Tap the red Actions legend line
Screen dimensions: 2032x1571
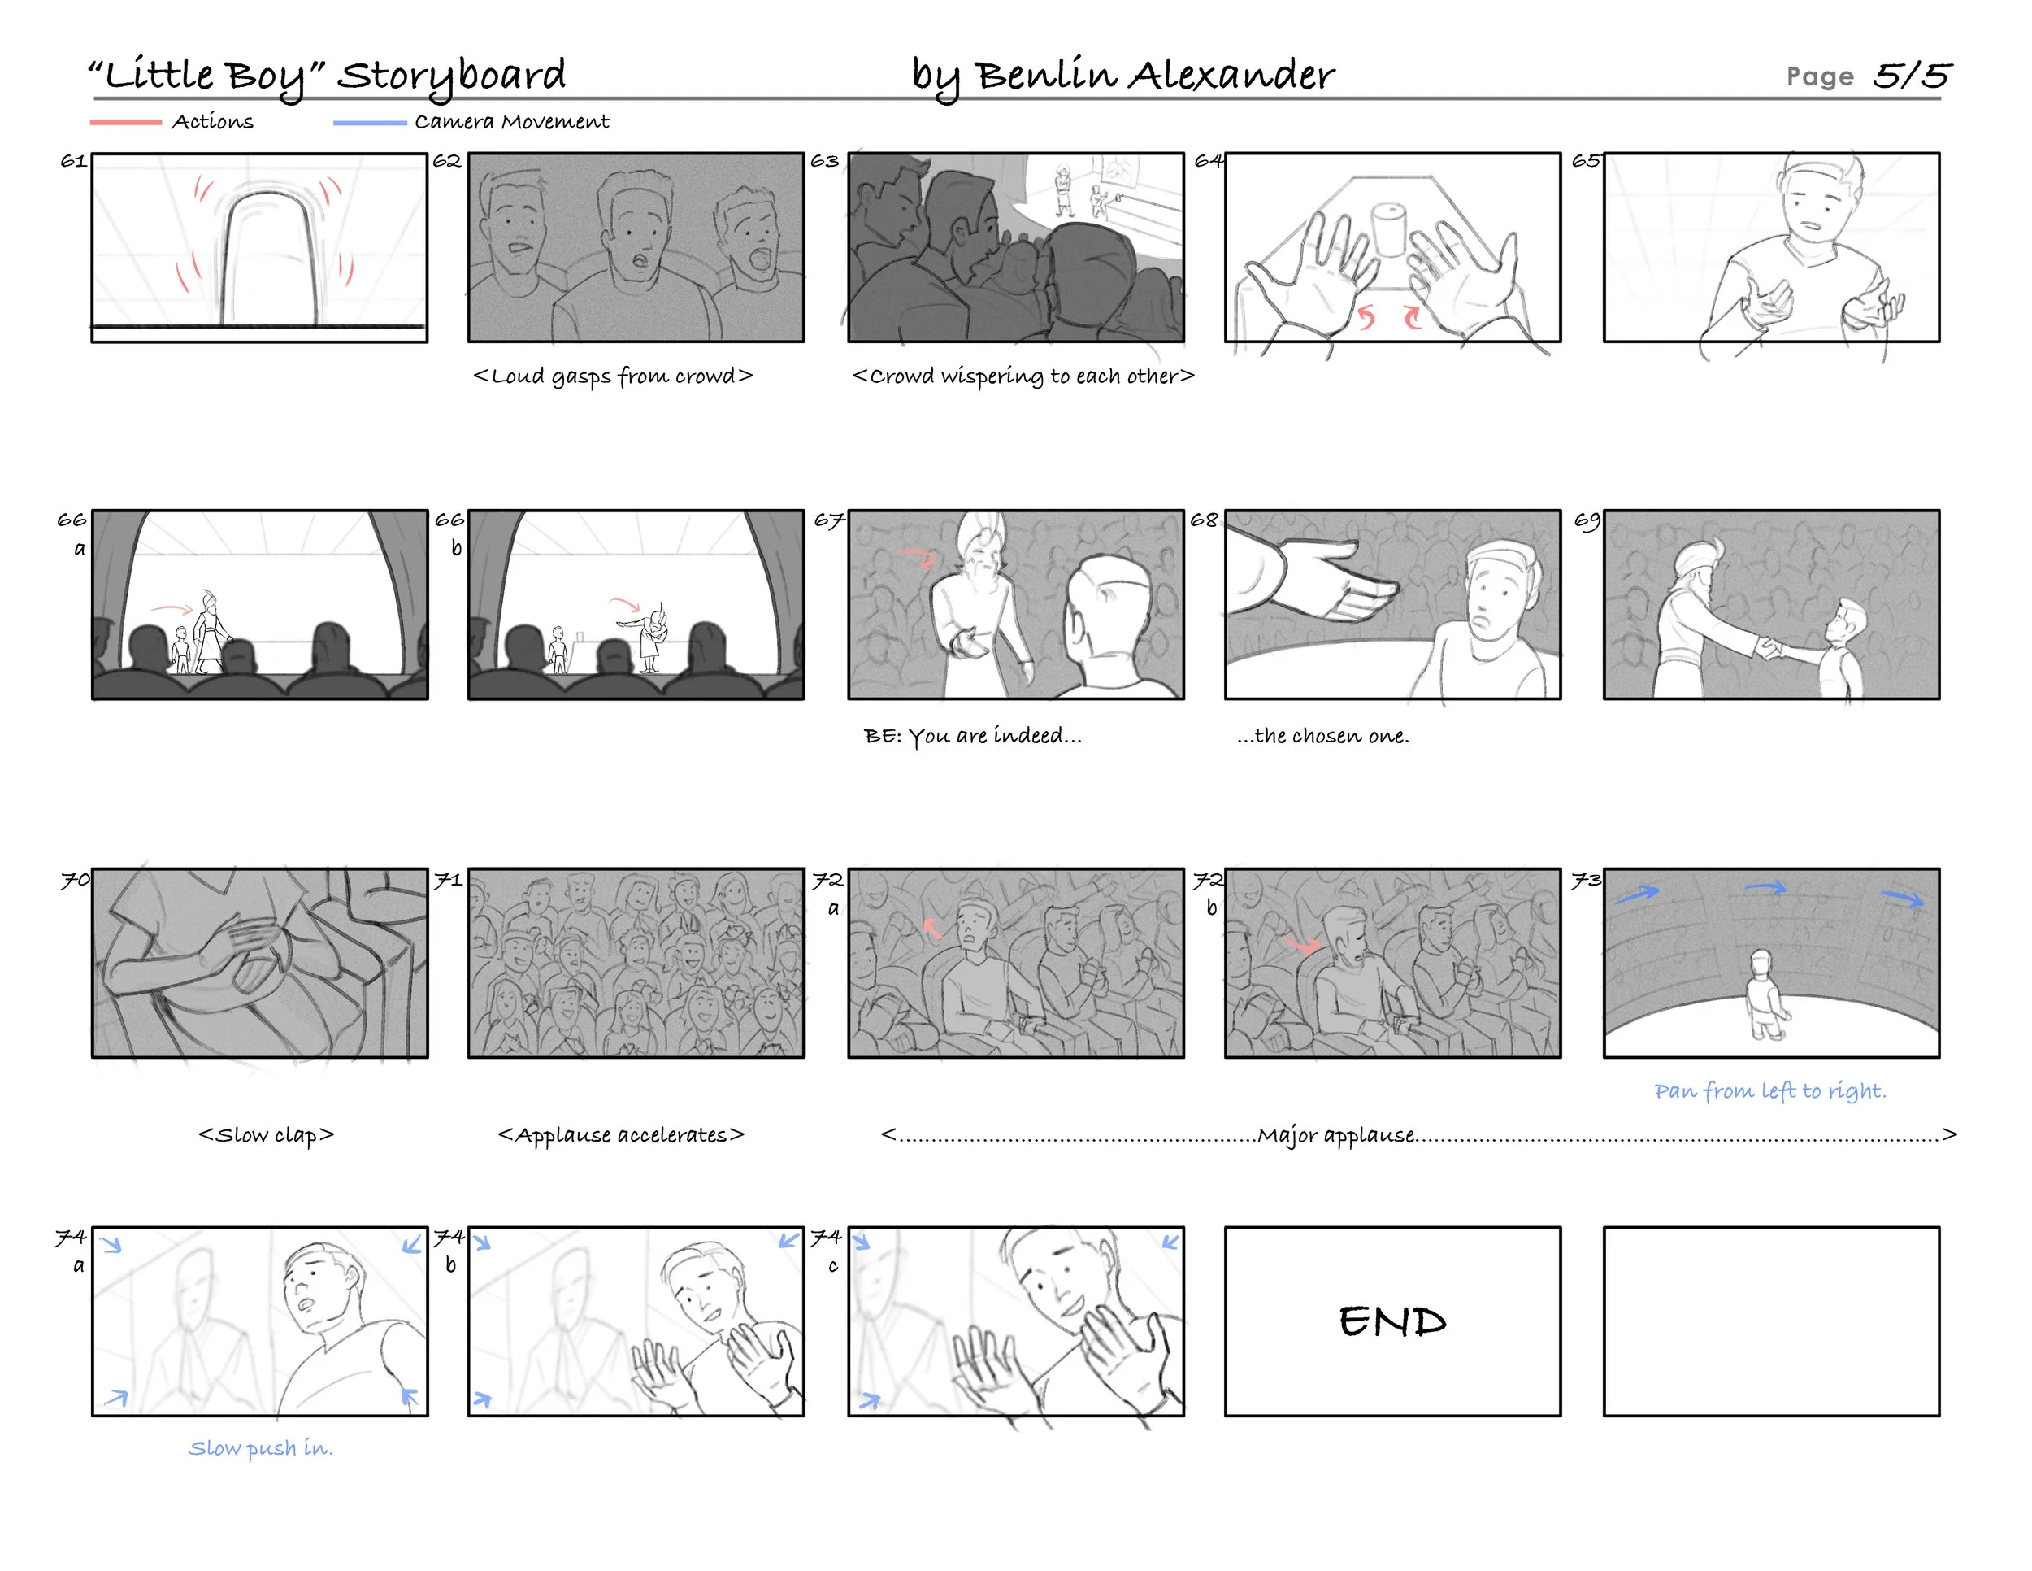[x=126, y=122]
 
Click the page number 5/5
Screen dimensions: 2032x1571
[x=1911, y=76]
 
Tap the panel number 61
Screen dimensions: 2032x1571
[x=73, y=161]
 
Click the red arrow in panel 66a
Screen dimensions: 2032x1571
[x=172, y=609]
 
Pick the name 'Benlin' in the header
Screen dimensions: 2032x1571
[x=1046, y=75]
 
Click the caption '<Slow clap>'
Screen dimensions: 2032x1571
[x=266, y=1134]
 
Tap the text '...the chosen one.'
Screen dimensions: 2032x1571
[x=1323, y=735]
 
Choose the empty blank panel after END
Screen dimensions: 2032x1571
[x=1770, y=1321]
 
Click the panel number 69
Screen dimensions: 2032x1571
[x=1587, y=520]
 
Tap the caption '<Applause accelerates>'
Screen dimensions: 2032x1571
[x=622, y=1134]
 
